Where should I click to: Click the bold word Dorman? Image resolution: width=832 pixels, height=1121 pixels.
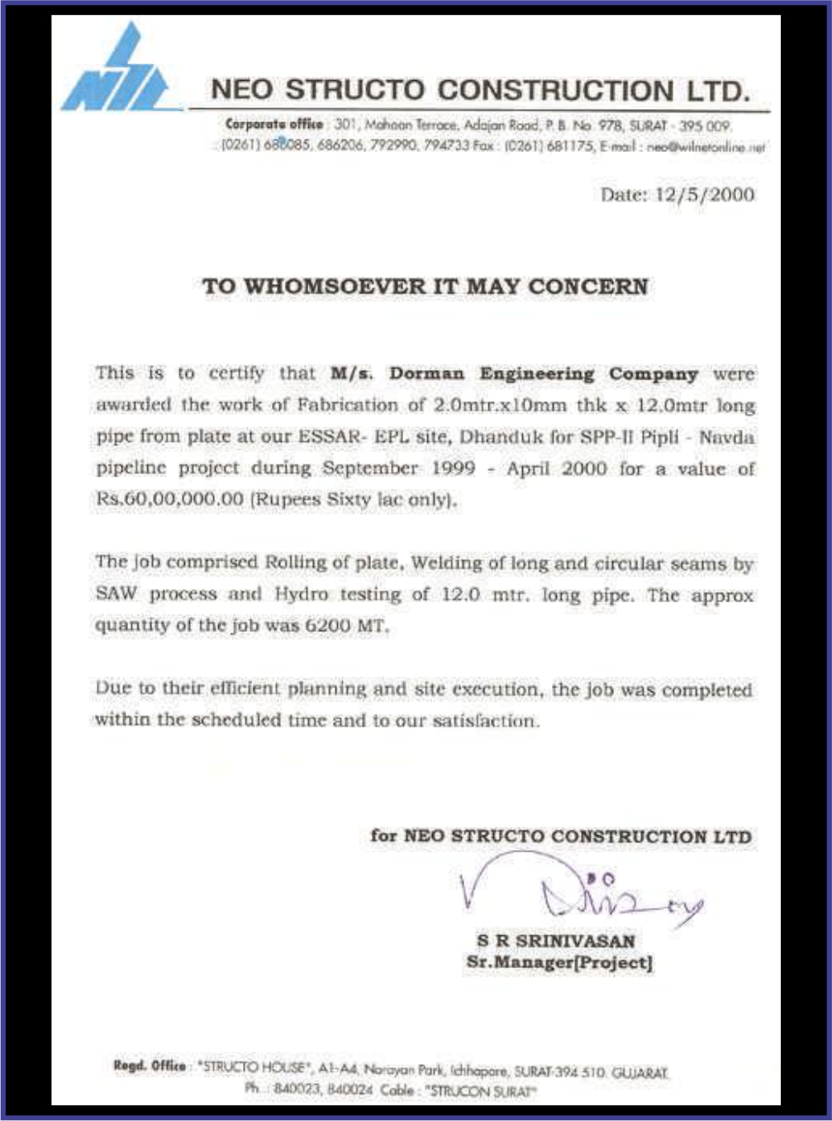(426, 374)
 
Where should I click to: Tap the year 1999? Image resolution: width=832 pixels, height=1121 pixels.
(454, 468)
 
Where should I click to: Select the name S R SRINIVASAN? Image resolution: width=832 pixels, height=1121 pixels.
(556, 941)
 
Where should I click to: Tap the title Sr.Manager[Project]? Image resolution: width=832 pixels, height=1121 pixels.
(559, 962)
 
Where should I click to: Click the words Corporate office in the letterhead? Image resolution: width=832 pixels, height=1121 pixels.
(274, 125)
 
